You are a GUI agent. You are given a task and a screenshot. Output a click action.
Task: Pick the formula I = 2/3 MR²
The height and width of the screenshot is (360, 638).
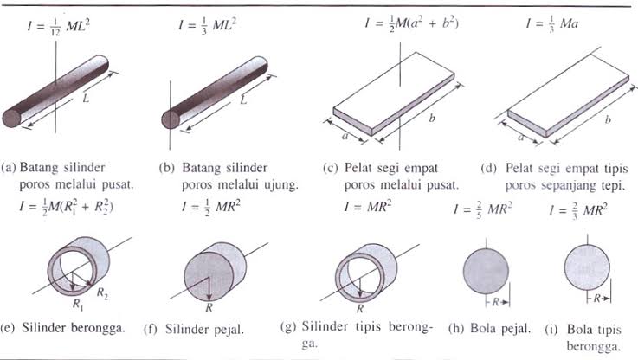(x=579, y=209)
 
